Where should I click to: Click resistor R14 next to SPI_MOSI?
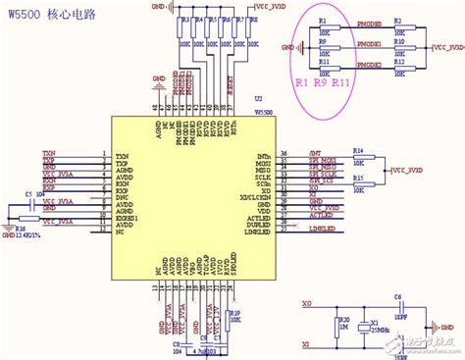tap(358, 158)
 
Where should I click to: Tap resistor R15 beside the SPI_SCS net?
tap(358, 184)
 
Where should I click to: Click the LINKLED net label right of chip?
tap(323, 229)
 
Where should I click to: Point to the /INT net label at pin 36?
tap(315, 154)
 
